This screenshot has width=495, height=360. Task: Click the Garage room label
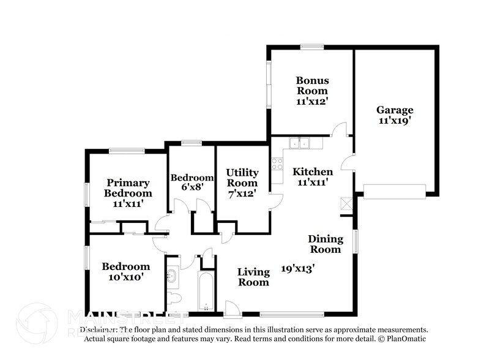pyautogui.click(x=395, y=110)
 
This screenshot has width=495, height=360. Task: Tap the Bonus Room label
pyautogui.click(x=313, y=86)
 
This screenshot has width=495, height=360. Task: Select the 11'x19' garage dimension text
pyautogui.click(x=395, y=121)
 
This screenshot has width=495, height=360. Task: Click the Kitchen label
pyautogui.click(x=312, y=171)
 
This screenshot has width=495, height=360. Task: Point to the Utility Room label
pyautogui.click(x=242, y=178)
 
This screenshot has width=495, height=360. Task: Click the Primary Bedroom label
pyautogui.click(x=128, y=188)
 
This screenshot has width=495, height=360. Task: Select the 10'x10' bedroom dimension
pyautogui.click(x=125, y=277)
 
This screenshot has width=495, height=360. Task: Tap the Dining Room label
pyautogui.click(x=325, y=244)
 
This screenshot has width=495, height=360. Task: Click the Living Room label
pyautogui.click(x=253, y=277)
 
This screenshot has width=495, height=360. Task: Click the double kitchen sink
pyautogui.click(x=300, y=143)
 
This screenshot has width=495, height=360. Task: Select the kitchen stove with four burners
pyautogui.click(x=277, y=163)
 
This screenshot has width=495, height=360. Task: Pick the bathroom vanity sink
pyautogui.click(x=172, y=276)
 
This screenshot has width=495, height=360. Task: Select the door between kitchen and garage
pyautogui.click(x=348, y=162)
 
